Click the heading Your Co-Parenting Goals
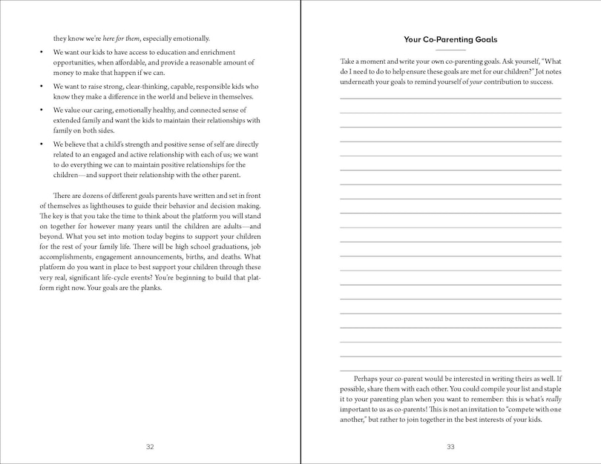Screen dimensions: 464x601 point(450,39)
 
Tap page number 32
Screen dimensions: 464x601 point(150,446)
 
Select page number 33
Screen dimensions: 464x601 point(450,446)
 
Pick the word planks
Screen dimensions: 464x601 point(148,288)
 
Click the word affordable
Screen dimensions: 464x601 point(122,63)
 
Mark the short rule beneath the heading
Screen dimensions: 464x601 point(450,49)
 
